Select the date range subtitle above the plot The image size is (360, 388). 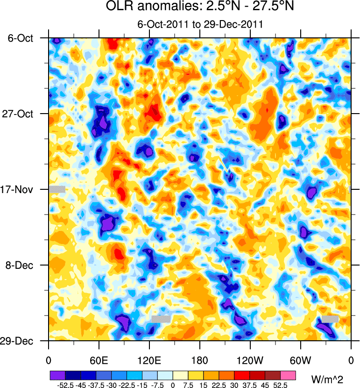(x=200, y=25)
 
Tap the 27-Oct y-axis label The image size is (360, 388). (x=20, y=114)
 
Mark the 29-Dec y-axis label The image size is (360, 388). (x=20, y=341)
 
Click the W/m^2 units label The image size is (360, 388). (x=330, y=377)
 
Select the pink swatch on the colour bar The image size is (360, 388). (x=288, y=375)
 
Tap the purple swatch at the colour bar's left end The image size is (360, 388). (x=57, y=375)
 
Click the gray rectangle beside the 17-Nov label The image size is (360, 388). (x=57, y=189)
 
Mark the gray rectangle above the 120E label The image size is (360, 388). (x=161, y=318)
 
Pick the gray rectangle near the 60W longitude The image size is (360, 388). (x=330, y=318)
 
